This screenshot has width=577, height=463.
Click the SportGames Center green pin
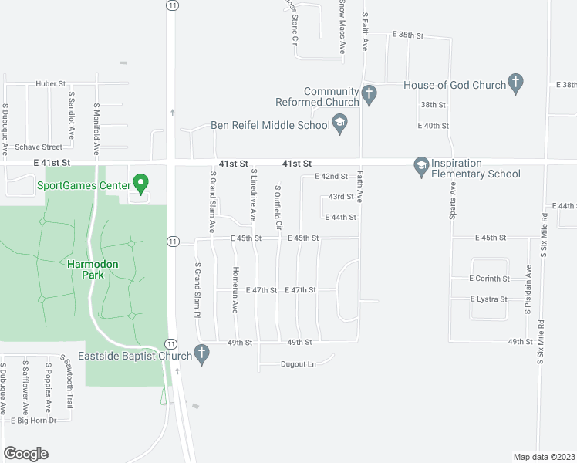140,184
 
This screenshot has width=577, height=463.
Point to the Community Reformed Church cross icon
369,96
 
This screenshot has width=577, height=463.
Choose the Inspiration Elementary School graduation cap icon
421,166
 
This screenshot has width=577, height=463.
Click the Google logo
25,454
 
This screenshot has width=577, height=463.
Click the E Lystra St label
488,299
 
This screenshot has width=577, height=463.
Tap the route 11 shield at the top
171,5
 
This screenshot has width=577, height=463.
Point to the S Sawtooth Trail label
69,385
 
